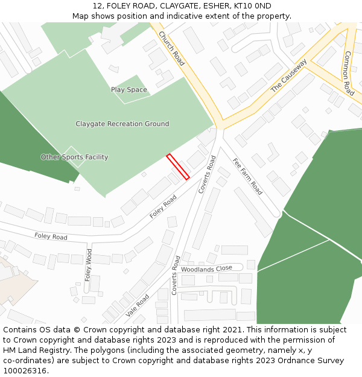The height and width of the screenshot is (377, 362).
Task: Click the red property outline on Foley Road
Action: coord(178,166)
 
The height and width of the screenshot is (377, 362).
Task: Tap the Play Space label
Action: coord(129,90)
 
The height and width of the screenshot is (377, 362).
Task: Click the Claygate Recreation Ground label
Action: coord(122,124)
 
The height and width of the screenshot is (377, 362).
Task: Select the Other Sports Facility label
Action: coord(74,157)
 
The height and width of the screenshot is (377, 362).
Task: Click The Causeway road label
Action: coord(288,75)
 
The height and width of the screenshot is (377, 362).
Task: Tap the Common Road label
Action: coord(349,73)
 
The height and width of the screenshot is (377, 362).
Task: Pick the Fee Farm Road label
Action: coord(247,176)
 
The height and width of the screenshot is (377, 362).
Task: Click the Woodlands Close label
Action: coord(206,269)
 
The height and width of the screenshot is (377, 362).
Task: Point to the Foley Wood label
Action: coord(89,265)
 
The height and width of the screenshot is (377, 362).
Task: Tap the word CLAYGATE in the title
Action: coord(179,6)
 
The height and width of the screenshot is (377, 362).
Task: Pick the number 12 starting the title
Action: coord(97,6)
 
